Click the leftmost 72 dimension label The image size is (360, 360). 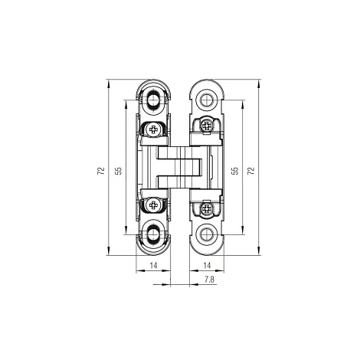(x=101, y=171)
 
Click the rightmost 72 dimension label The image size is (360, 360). (x=251, y=171)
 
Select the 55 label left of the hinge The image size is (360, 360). (x=119, y=171)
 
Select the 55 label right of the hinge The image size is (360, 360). (x=235, y=171)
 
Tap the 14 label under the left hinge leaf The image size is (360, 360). (x=153, y=266)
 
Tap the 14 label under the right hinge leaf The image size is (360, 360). (x=207, y=266)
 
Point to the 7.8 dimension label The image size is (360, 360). (x=209, y=280)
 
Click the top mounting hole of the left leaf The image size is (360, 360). (x=153, y=100)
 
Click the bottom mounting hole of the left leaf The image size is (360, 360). (x=153, y=234)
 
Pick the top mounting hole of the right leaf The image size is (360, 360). (x=206, y=100)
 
